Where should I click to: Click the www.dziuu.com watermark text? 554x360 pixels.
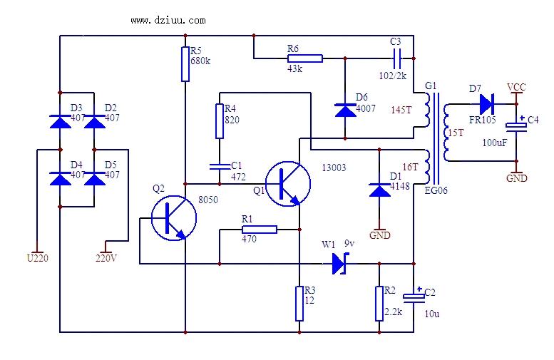168,20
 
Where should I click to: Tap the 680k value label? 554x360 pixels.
200,61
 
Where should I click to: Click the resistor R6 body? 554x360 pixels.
304,58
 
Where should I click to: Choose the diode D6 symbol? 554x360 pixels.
344,110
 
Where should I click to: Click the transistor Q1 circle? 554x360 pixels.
287,183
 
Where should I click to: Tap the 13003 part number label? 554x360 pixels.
334,168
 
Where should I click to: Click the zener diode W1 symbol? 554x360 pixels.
339,264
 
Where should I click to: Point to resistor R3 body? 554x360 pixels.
299,304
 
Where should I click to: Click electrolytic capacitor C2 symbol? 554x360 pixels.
413,295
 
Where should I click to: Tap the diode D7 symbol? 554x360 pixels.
487,104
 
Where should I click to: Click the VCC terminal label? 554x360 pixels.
516,87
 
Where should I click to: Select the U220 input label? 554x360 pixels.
37,258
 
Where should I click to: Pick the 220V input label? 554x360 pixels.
106,258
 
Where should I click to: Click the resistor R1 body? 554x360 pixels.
259,230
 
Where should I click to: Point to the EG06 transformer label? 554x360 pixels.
436,190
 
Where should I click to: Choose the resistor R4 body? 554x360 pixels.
220,121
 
